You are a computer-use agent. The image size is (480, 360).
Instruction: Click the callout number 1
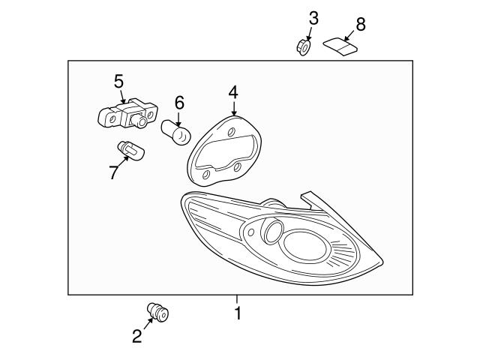238,313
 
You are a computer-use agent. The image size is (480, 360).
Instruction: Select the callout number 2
136,337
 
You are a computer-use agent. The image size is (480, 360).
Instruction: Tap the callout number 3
313,17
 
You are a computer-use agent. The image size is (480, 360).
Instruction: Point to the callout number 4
233,92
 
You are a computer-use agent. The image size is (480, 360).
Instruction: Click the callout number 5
118,80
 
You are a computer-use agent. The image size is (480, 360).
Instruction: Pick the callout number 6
179,102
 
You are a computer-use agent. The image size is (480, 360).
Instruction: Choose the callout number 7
113,172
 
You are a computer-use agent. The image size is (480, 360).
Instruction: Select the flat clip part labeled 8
341,46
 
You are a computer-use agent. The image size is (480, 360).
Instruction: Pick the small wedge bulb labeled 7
132,152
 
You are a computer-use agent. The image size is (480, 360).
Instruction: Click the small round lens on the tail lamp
271,232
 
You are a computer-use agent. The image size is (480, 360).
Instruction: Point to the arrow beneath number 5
120,96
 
